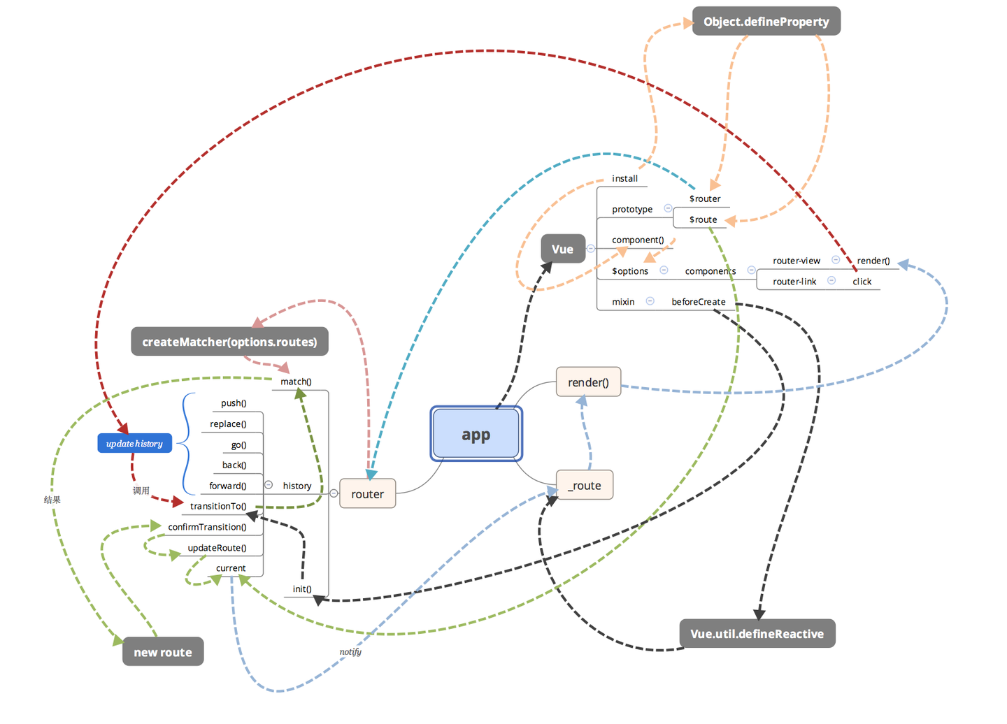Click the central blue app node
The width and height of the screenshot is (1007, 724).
[x=476, y=434]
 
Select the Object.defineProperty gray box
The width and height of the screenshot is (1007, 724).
[x=766, y=22]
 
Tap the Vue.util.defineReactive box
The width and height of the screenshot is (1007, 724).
[x=757, y=634]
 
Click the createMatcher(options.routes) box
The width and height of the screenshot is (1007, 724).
[x=229, y=342]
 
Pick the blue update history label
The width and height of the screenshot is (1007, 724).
[x=134, y=444]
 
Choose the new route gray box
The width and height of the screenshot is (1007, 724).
[x=163, y=652]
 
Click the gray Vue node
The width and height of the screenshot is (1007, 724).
[x=562, y=249]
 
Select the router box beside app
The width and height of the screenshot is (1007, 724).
[x=367, y=494]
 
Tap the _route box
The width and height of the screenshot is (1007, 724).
[x=585, y=486]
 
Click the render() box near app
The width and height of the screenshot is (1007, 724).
[x=588, y=382]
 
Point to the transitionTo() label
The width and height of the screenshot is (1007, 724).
[x=218, y=506]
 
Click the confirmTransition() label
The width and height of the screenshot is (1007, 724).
[x=207, y=527]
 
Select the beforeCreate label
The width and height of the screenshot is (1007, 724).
[x=698, y=302]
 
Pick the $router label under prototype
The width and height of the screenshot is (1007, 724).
[x=704, y=198]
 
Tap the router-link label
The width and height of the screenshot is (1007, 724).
[x=794, y=282]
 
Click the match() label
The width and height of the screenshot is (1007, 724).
[x=296, y=382]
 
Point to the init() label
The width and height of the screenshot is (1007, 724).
[x=302, y=589]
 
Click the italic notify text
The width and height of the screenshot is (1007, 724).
[x=350, y=652]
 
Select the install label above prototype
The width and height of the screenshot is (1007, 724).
[x=624, y=179]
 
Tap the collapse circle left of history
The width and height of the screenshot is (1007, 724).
[x=269, y=485]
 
